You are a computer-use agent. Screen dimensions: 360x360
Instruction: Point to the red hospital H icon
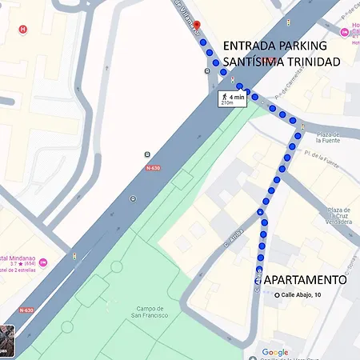click(x=22, y=29)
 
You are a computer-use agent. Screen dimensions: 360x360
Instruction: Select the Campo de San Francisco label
click(x=150, y=311)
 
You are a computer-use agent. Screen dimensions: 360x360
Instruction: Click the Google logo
click(x=274, y=352)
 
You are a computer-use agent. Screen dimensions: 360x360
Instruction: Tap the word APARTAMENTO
click(x=305, y=280)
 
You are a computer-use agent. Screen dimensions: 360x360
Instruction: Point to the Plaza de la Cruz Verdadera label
click(x=338, y=216)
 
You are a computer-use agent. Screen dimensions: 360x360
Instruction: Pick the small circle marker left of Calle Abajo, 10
click(x=277, y=294)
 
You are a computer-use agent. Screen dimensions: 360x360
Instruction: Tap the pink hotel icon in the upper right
click(x=344, y=32)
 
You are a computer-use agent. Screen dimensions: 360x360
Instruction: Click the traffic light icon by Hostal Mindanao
click(x=74, y=256)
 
